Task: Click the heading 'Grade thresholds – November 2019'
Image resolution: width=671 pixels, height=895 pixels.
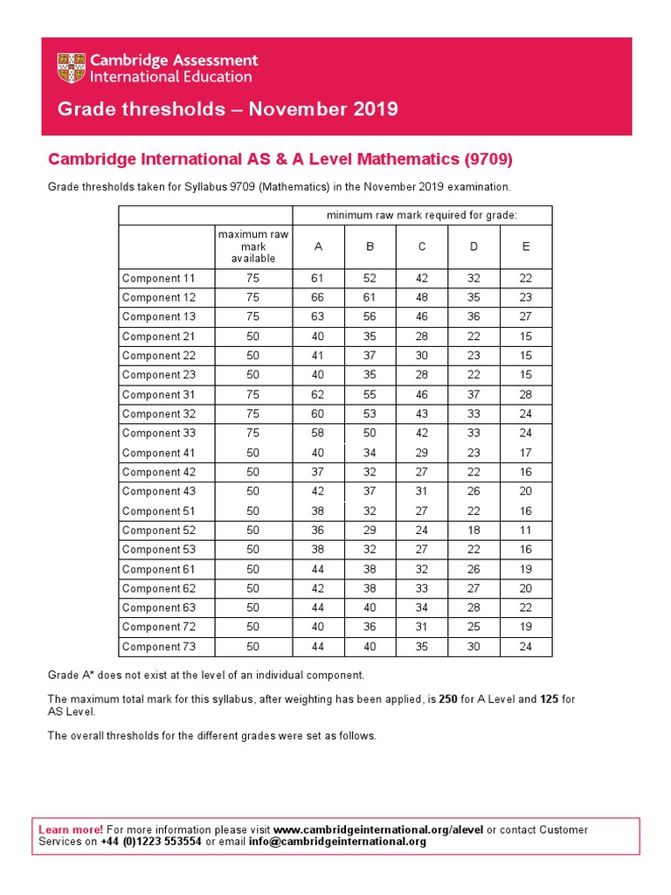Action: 227,109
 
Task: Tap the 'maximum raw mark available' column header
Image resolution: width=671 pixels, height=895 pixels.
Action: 253,246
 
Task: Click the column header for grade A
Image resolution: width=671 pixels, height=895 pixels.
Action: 318,246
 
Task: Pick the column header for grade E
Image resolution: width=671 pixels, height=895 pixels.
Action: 526,246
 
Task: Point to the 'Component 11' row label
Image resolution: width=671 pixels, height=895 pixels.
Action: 159,279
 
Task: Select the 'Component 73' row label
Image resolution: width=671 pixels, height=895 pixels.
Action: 159,647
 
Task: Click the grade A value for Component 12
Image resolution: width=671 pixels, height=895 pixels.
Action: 318,298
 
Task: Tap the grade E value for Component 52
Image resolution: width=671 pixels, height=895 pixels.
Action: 526,531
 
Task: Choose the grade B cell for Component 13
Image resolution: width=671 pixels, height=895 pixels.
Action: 370,317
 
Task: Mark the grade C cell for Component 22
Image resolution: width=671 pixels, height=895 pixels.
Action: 422,356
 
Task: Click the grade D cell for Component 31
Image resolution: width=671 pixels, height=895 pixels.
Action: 474,395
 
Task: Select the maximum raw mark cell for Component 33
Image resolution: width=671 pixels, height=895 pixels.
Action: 253,434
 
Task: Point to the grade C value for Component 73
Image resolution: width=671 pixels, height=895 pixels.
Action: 422,647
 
